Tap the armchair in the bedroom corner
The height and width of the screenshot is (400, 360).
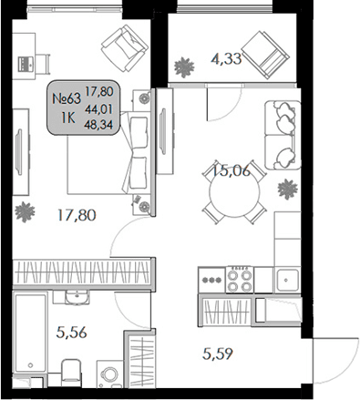tap(121, 44)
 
